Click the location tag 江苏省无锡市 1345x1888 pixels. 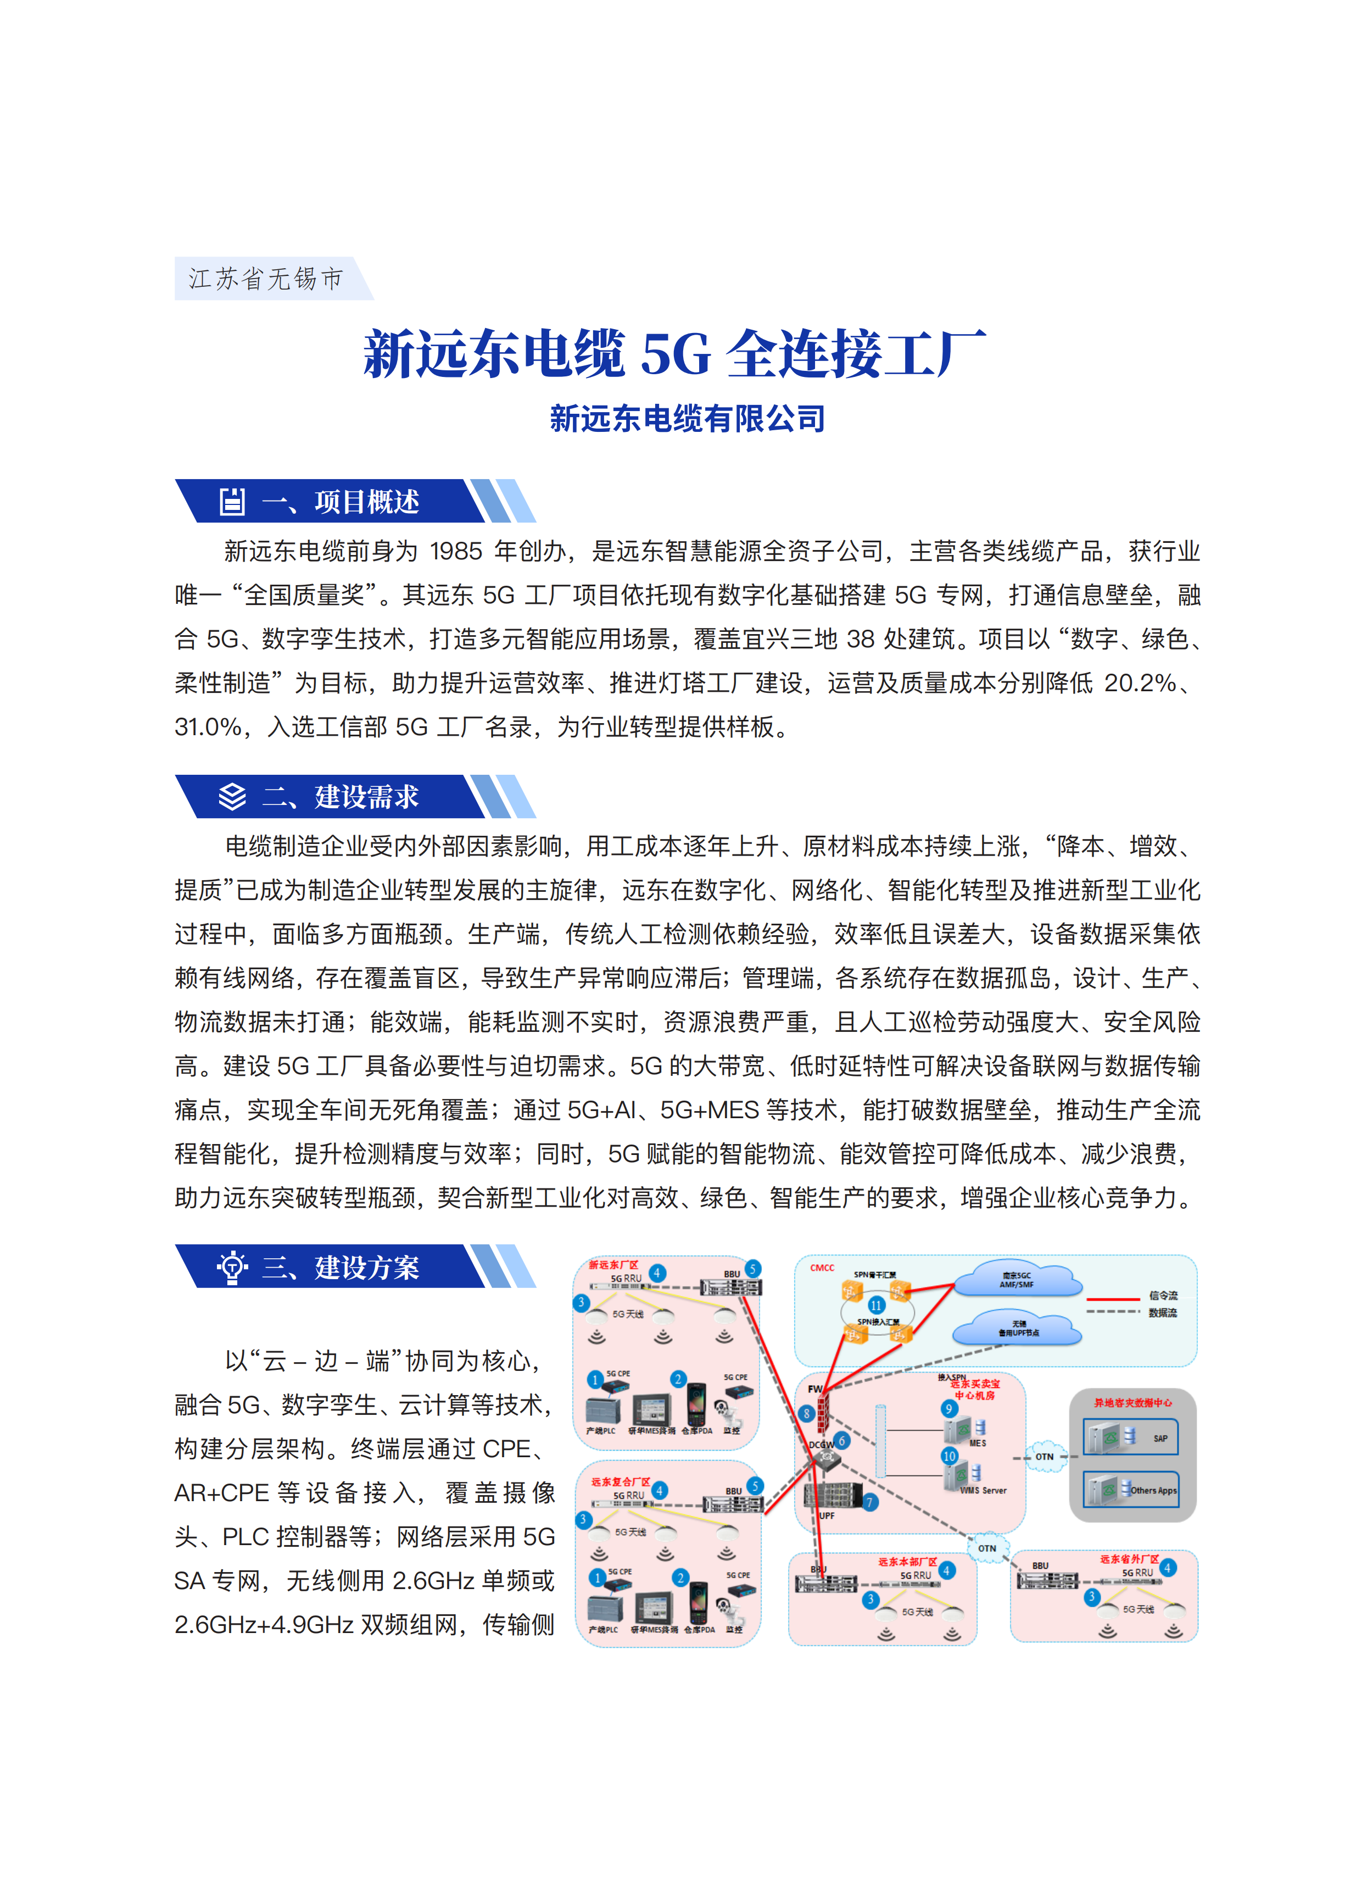(266, 279)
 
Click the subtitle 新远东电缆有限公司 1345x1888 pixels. (688, 418)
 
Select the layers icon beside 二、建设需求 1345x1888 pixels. (232, 797)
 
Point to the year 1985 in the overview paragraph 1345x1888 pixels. (456, 551)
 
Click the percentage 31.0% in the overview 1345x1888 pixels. (207, 728)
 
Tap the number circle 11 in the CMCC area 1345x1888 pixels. (876, 1305)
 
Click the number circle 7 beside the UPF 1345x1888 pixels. (869, 1502)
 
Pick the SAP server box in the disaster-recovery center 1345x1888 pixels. (1130, 1437)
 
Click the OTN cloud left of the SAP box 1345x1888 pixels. (1045, 1456)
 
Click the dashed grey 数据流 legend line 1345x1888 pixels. (1113, 1312)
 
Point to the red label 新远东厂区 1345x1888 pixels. (613, 1265)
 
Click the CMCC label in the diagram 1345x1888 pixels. (822, 1268)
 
